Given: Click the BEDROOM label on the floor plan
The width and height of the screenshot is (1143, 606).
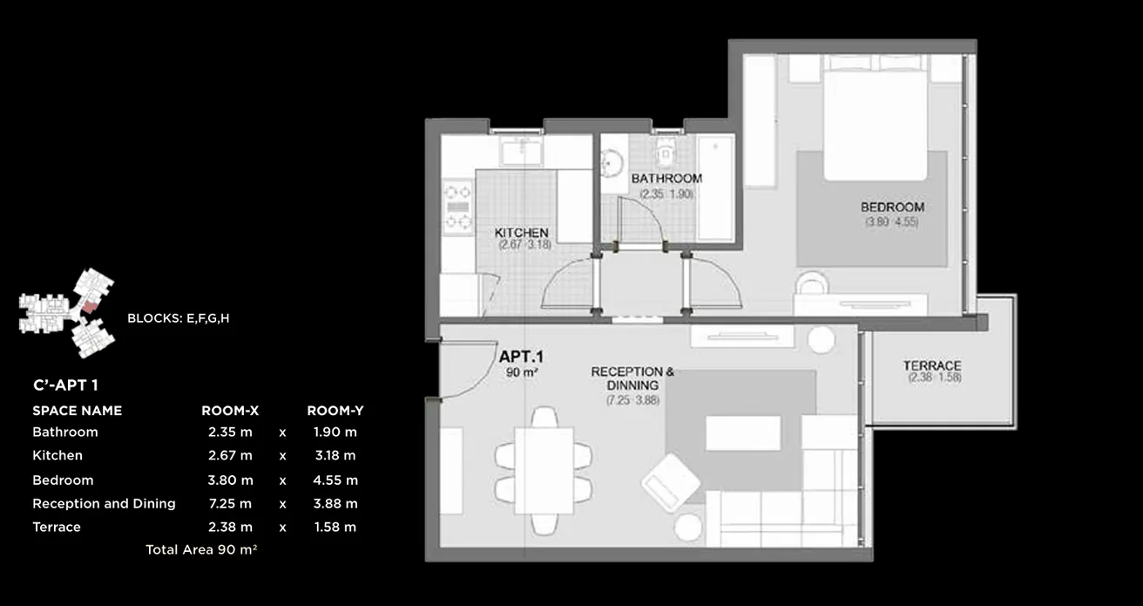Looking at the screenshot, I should [892, 208].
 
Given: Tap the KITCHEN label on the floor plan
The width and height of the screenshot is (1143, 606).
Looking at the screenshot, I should [521, 233].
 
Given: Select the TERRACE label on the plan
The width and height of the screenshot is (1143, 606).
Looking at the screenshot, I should [931, 365].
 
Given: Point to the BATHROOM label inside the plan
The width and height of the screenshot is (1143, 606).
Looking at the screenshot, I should [666, 179].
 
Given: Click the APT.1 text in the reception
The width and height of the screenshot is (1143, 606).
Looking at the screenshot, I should [521, 357].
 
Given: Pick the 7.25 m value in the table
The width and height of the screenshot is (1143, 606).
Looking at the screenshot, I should [230, 503].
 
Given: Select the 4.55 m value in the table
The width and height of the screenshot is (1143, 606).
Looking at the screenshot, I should [335, 480].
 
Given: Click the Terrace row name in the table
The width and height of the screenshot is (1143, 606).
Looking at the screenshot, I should [57, 527].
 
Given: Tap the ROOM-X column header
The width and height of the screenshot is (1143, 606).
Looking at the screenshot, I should [230, 410].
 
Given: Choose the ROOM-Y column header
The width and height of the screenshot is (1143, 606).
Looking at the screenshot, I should [335, 410].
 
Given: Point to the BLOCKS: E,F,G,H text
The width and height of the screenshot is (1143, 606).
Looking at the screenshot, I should [178, 318].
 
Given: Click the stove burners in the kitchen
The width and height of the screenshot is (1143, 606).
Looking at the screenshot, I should [457, 206].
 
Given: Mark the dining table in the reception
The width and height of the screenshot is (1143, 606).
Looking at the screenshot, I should [544, 468].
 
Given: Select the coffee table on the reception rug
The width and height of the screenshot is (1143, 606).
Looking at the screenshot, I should [742, 433].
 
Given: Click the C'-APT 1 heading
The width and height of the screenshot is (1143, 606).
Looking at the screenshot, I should [71, 384].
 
